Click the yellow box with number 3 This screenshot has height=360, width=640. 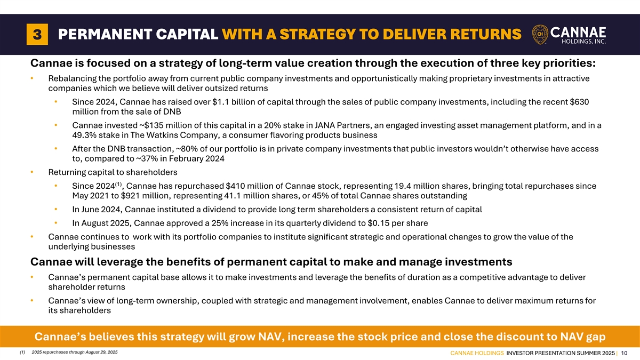pyautogui.click(x=37, y=34)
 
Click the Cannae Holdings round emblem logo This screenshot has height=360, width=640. pyautogui.click(x=540, y=34)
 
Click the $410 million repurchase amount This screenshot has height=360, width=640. pyautogui.click(x=251, y=186)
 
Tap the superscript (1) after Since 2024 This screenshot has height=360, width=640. pyautogui.click(x=118, y=185)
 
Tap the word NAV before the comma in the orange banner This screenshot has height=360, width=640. pyautogui.click(x=271, y=337)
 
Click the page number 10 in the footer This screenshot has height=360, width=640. pyautogui.click(x=625, y=353)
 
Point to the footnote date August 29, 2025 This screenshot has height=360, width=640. pyautogui.click(x=101, y=353)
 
